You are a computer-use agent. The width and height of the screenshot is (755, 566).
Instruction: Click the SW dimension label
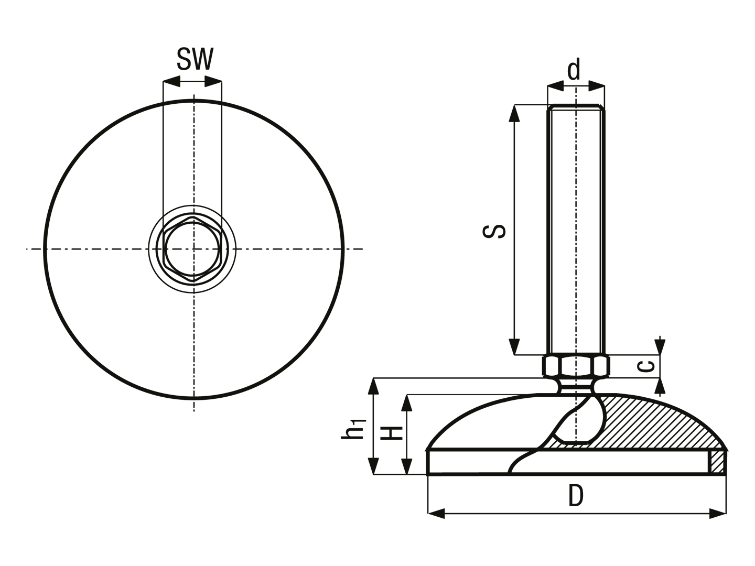point(195,59)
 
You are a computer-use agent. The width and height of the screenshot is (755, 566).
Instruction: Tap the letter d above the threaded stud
point(574,69)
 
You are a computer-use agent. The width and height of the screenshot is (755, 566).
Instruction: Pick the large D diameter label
point(576,496)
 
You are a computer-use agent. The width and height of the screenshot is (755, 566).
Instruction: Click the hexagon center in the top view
point(193,249)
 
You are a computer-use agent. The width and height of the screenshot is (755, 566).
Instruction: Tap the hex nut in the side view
point(576,366)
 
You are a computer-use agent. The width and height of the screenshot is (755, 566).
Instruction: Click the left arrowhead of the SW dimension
point(171,81)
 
